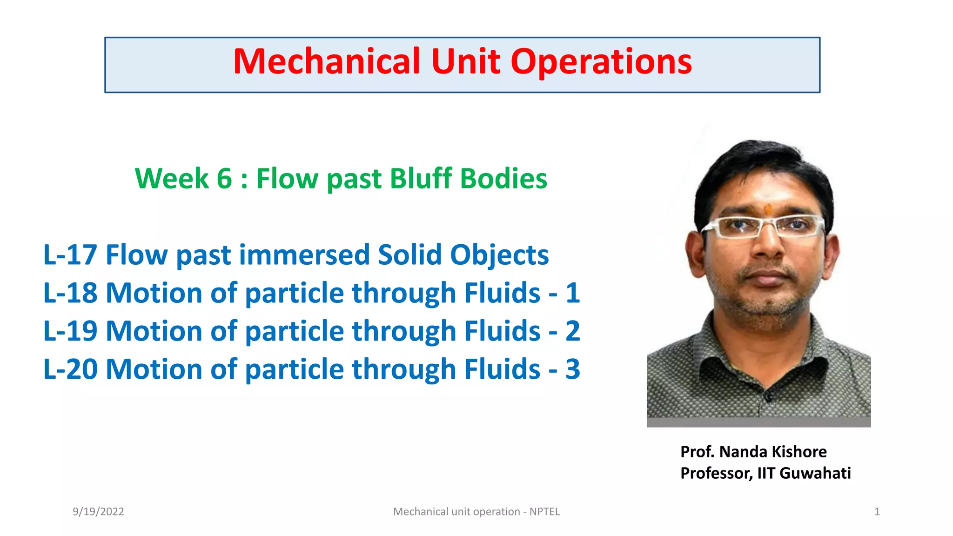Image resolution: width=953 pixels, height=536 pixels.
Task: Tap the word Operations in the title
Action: (x=601, y=62)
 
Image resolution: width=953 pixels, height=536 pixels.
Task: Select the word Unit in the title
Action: (x=466, y=62)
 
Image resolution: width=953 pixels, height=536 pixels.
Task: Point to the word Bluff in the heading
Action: (x=421, y=179)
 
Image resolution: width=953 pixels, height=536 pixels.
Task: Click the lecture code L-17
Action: (x=70, y=255)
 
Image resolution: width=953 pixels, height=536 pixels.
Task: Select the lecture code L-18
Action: (x=70, y=293)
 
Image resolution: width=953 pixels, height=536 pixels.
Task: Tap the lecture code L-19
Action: (x=70, y=331)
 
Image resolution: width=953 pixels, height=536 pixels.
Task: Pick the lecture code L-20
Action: (x=70, y=369)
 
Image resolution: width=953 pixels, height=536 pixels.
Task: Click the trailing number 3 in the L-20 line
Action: (x=573, y=369)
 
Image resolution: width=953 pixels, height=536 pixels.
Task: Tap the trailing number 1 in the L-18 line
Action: (x=573, y=293)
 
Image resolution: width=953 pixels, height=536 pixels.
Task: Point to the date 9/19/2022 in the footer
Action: (x=98, y=512)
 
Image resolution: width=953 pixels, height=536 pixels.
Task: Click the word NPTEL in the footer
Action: (x=544, y=512)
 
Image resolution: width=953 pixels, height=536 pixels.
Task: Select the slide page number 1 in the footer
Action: (x=877, y=512)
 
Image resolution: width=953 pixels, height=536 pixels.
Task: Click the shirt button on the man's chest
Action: (x=768, y=396)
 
